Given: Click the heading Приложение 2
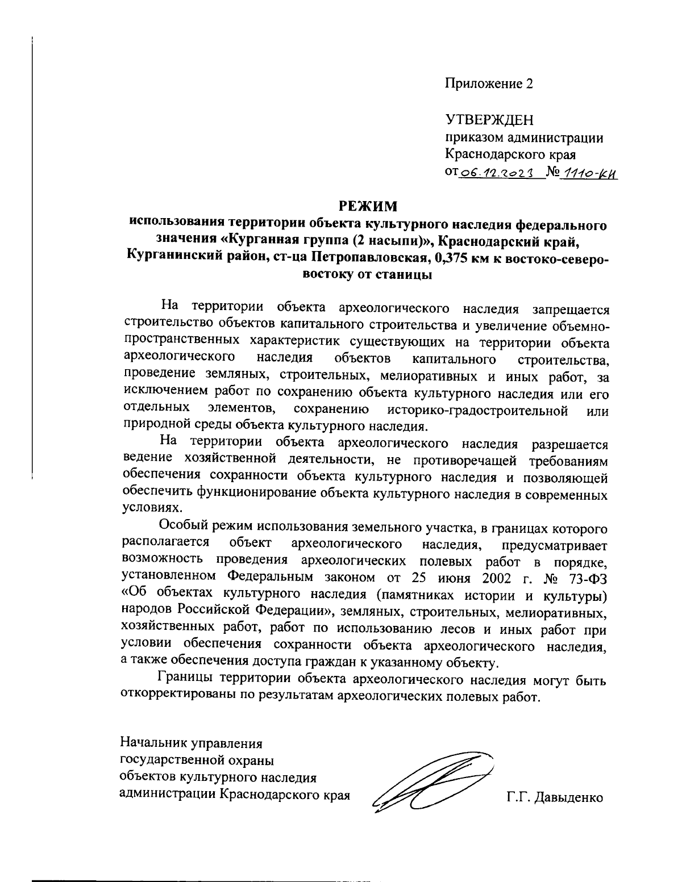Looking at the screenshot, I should pos(489,84).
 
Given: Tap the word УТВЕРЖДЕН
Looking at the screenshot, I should pos(489,120).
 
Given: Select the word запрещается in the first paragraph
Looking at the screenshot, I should pos(570,309).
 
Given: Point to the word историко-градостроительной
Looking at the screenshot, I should pos(479,410).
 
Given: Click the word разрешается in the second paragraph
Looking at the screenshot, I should pos(569,445).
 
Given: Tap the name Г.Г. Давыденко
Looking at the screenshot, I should pos(555,798).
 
